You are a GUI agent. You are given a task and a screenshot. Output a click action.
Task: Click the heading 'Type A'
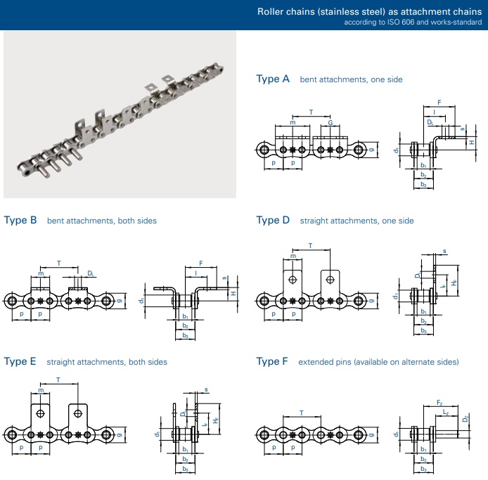pos(273,79)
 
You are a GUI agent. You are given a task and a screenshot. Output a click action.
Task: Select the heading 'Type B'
pos(20,220)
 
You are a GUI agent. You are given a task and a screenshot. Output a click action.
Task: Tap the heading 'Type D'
pos(273,220)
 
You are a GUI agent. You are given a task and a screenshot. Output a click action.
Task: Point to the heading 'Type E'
pos(20,361)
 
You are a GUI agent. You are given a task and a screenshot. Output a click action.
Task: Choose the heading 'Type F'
pos(272,361)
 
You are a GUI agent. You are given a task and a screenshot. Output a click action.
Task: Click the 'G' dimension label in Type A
pos(330,122)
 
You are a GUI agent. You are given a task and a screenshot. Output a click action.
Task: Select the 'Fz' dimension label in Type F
pos(439,403)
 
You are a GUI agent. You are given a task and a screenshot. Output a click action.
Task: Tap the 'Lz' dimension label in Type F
pos(446,413)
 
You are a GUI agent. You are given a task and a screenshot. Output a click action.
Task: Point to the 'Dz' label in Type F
pos(465,419)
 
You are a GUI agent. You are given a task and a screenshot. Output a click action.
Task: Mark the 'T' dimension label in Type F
pos(301,413)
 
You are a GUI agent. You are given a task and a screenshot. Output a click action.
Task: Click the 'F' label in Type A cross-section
pos(439,103)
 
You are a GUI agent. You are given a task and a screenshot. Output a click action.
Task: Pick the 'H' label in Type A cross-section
pos(472,142)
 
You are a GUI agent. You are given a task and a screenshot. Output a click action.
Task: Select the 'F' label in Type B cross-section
pos(200,263)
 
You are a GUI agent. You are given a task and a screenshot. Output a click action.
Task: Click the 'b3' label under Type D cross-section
pos(423,330)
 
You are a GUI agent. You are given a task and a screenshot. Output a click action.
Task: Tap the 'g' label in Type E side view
pos(120,434)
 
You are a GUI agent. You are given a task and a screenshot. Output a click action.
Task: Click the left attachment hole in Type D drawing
pos(293,279)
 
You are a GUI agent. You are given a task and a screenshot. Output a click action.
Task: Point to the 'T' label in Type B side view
pos(59,263)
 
